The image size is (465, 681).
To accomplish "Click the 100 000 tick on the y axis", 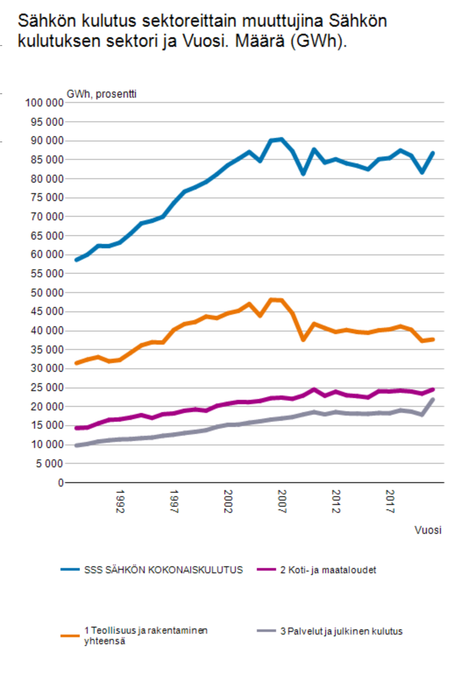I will [x=44, y=103].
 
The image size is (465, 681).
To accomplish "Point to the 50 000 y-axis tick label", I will [x=47, y=293].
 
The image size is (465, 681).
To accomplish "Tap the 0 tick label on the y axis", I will [x=60, y=483].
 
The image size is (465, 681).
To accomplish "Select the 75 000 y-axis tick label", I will [x=47, y=198].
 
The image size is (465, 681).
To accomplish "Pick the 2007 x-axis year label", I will [x=282, y=501].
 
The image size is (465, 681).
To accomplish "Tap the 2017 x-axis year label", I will [x=390, y=501].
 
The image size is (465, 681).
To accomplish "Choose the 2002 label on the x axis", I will [x=228, y=501].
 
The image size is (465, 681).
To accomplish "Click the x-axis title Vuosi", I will [x=428, y=530].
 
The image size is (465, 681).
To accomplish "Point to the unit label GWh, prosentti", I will [x=101, y=94].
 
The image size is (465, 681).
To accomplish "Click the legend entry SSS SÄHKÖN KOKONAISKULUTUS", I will [x=163, y=570].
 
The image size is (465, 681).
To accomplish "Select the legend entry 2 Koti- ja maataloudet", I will [x=328, y=570].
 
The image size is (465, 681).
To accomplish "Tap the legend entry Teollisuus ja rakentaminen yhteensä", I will [x=146, y=635].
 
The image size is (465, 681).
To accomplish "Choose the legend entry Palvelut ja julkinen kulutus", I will [x=341, y=631].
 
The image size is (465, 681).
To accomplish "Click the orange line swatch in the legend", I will [x=70, y=635].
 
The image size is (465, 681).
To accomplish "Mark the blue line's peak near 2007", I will [x=281, y=139].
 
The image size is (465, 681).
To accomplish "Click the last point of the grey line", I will [x=433, y=399].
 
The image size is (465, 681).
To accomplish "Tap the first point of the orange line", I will [x=77, y=363].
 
